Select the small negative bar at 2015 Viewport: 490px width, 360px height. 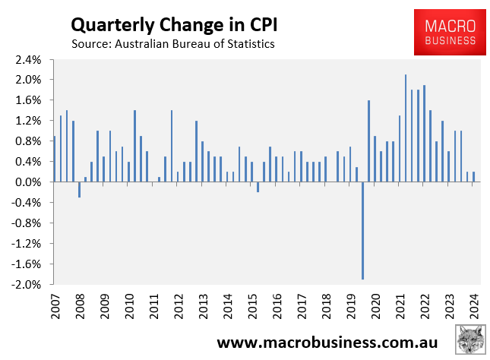point(258,187)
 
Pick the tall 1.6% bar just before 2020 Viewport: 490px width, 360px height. point(368,141)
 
